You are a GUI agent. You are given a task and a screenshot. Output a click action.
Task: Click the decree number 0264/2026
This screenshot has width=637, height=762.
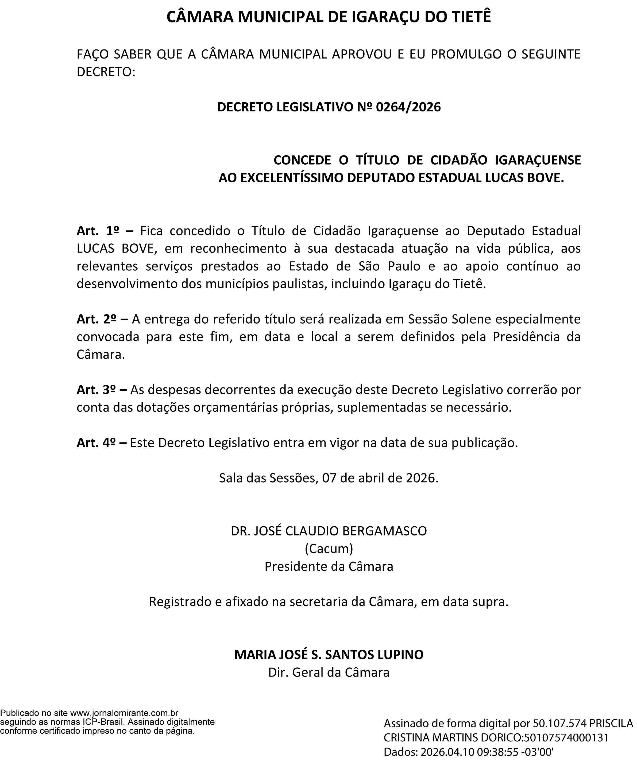408,107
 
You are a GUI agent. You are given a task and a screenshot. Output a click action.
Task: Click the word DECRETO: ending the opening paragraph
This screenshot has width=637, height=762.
106,72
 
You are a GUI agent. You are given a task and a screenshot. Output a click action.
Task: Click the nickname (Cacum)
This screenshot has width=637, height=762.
329,549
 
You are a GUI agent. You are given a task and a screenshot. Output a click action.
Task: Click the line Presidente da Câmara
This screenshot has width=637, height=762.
329,566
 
